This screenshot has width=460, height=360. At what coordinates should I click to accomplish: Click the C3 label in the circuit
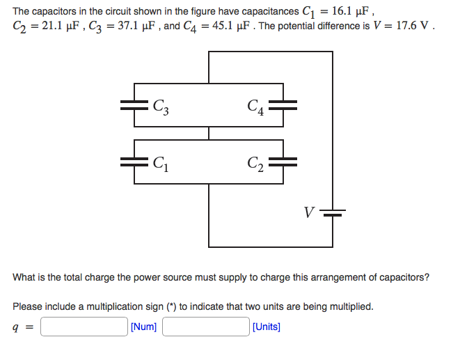coord(162,107)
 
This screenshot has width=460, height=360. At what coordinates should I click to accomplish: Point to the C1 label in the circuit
coord(161,164)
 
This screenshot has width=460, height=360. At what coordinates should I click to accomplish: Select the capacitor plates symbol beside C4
coord(283,105)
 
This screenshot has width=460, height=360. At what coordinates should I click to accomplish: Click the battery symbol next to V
coord(333,212)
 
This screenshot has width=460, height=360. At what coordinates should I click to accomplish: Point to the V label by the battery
coord(308,210)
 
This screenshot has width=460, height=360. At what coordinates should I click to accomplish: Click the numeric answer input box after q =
coord(84,327)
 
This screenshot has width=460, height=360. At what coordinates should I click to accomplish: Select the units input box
coord(206,327)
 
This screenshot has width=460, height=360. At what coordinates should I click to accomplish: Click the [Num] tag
coord(144,327)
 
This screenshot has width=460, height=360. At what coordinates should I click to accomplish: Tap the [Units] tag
coord(267,327)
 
